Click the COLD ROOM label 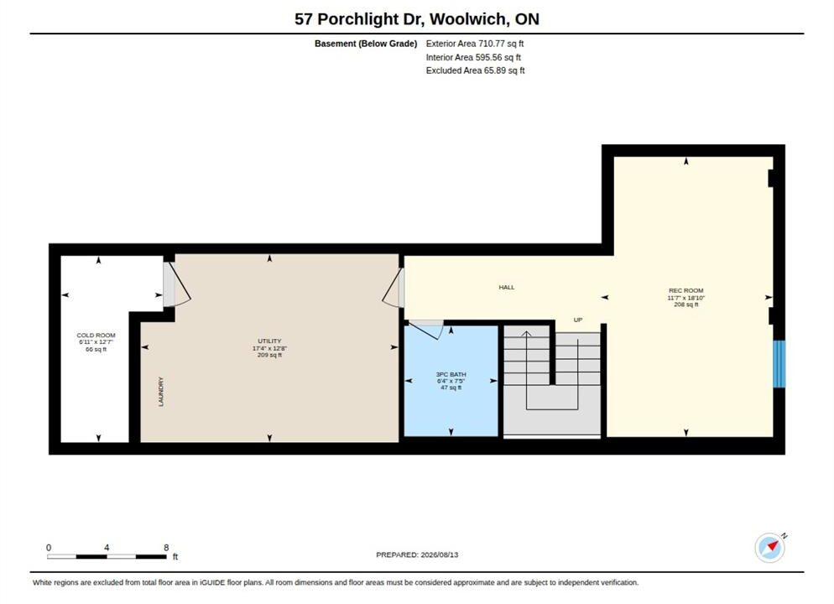click(x=96, y=335)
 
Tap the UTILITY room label click(x=269, y=341)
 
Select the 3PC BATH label click(x=451, y=374)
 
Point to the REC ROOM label click(x=686, y=290)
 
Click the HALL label click(x=507, y=287)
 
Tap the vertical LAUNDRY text click(x=161, y=392)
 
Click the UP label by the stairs click(x=578, y=320)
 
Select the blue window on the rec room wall click(x=779, y=364)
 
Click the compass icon click(x=769, y=547)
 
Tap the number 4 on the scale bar click(x=107, y=547)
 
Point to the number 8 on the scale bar click(x=166, y=547)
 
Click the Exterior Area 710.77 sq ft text click(x=474, y=44)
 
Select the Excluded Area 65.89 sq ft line click(x=475, y=70)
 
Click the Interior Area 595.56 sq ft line click(x=473, y=57)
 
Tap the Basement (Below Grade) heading click(x=366, y=44)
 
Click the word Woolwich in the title click(x=468, y=19)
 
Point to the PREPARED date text click(x=417, y=555)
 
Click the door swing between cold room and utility click(x=177, y=284)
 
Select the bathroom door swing click(x=425, y=330)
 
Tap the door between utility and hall click(x=393, y=288)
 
